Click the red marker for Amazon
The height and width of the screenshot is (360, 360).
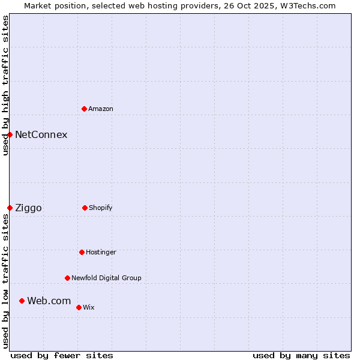coord(84,109)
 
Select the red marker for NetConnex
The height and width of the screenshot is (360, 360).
coord(10,134)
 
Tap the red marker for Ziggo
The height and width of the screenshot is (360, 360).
coord(10,208)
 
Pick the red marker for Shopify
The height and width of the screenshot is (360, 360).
coord(85,208)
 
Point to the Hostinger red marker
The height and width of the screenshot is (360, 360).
coord(82,252)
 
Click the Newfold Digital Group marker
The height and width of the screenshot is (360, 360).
coord(67,278)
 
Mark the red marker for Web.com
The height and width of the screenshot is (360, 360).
coord(22,301)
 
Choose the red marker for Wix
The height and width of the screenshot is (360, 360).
coord(79,307)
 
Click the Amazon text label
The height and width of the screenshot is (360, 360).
coord(101,109)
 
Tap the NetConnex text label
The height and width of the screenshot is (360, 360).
coord(41,134)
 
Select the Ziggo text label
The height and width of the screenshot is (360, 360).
coord(28,208)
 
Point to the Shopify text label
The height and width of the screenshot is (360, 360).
coord(101,208)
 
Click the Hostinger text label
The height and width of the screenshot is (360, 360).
coord(101,252)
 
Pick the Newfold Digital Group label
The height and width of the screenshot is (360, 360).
coord(106,278)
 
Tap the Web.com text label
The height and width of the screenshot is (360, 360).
coord(49,301)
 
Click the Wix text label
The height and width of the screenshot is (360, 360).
coord(89,307)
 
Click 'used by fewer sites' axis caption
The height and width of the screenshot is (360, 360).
coord(62,355)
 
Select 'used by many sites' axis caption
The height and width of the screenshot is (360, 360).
coord(301,355)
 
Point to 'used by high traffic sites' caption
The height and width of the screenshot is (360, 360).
coord(5,86)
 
